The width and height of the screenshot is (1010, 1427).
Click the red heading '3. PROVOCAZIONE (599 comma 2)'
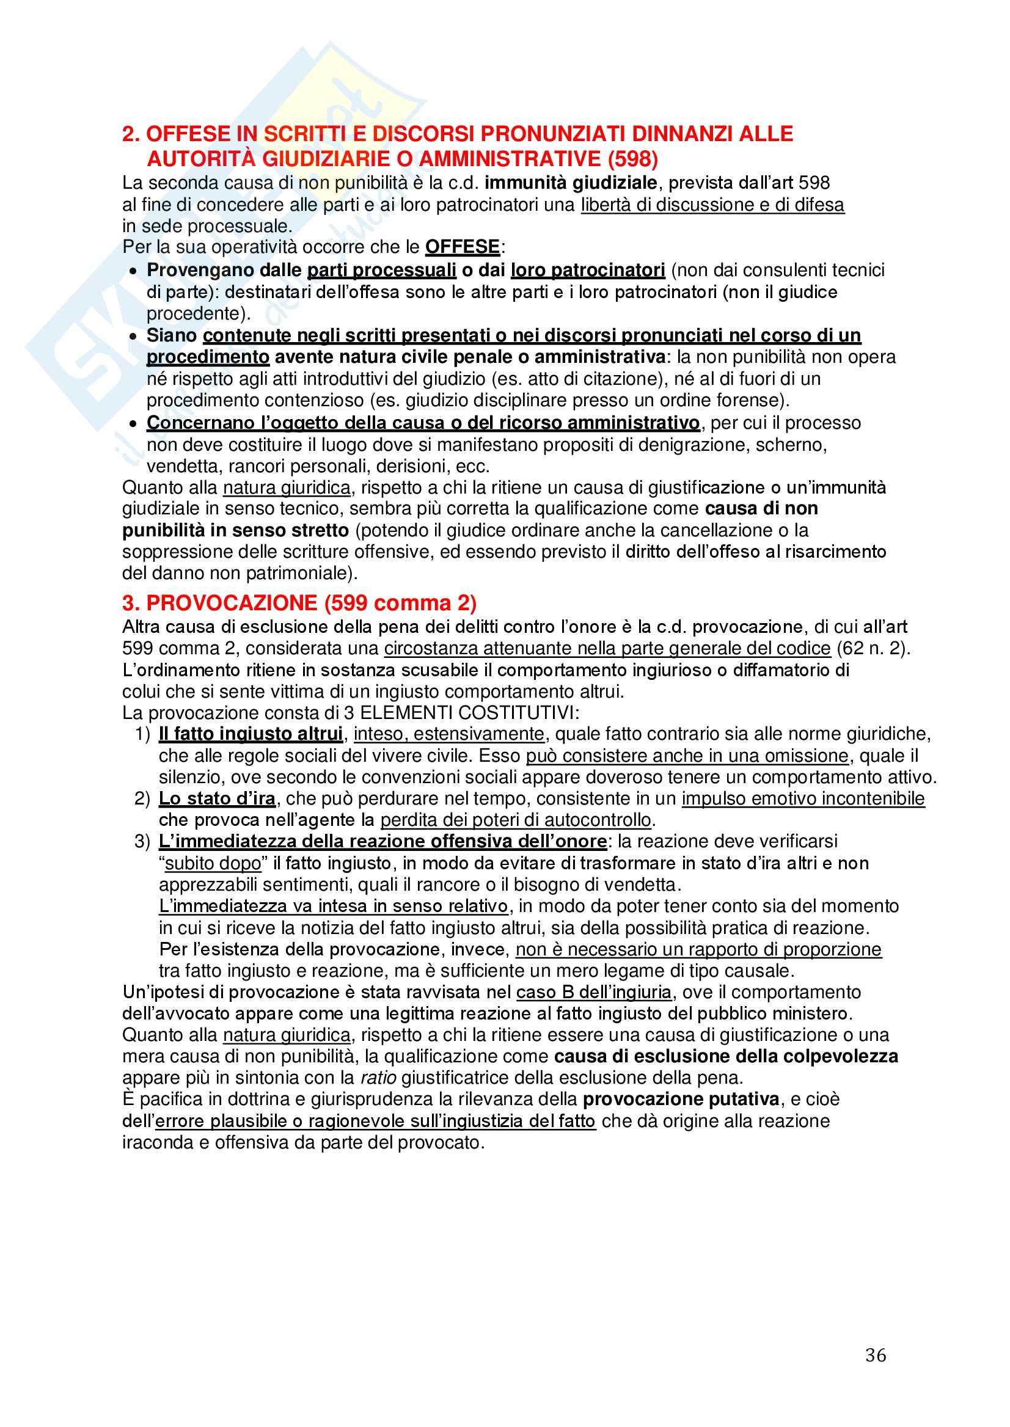[x=299, y=603]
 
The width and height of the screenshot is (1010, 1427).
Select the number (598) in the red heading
[x=632, y=159]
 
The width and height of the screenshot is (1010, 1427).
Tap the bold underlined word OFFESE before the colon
[x=462, y=247]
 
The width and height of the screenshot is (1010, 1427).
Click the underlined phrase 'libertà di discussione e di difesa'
[x=712, y=205]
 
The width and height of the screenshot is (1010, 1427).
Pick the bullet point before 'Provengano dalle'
[x=133, y=272]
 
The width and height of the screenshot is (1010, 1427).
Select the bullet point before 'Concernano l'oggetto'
[x=133, y=424]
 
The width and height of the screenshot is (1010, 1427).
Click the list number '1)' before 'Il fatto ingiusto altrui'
[x=142, y=734]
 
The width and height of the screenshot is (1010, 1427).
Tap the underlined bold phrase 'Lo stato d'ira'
[x=217, y=798]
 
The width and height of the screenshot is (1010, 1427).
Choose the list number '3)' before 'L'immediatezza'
[x=142, y=842]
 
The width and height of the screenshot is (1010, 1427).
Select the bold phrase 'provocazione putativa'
[x=681, y=1100]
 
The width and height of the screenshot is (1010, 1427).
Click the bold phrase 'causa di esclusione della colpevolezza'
[x=726, y=1056]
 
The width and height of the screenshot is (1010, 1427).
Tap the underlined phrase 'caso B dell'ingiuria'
[x=594, y=991]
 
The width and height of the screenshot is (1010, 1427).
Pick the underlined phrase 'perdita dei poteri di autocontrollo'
[x=516, y=820]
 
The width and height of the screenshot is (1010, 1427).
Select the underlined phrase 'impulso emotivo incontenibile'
[x=803, y=798]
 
